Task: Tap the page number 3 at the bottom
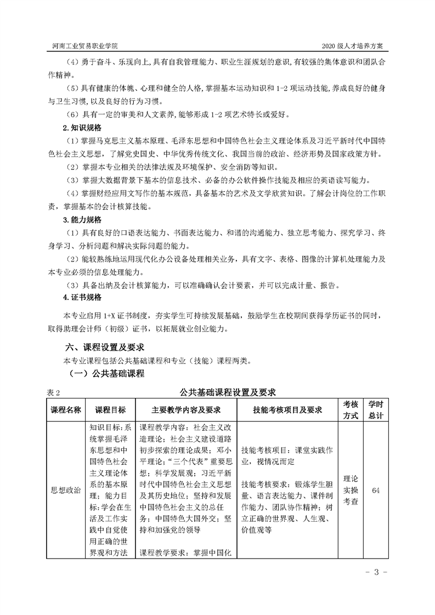(376, 573)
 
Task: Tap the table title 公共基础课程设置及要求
(227, 392)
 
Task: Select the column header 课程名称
(66, 410)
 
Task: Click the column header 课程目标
(110, 410)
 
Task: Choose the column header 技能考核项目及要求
(287, 410)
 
